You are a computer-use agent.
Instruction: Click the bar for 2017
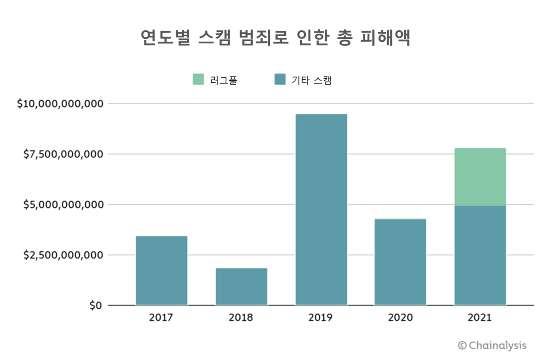tap(161, 271)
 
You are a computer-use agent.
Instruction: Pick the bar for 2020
tap(400, 262)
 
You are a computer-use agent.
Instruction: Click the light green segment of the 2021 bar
tap(480, 177)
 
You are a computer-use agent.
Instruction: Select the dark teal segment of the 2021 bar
tap(480, 255)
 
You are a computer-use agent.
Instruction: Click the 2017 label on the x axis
tap(161, 318)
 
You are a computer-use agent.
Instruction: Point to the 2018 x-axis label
tap(241, 318)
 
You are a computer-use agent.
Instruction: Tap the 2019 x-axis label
tap(321, 318)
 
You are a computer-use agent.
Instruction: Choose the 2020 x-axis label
tap(400, 318)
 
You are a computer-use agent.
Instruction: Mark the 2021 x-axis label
tap(480, 318)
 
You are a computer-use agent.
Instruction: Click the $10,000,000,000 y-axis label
tap(60, 104)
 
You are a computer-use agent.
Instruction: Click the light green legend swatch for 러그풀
tap(198, 80)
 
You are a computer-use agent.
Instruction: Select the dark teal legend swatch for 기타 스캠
tap(280, 80)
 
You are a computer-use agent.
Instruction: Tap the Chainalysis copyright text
tap(492, 345)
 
